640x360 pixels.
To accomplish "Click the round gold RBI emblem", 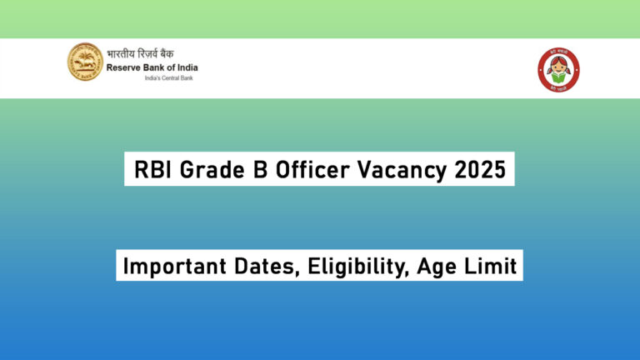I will (85, 62).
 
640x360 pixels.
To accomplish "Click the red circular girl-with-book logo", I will (558, 69).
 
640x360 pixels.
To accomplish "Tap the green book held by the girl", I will (558, 77).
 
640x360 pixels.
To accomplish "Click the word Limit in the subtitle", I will (487, 267).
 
